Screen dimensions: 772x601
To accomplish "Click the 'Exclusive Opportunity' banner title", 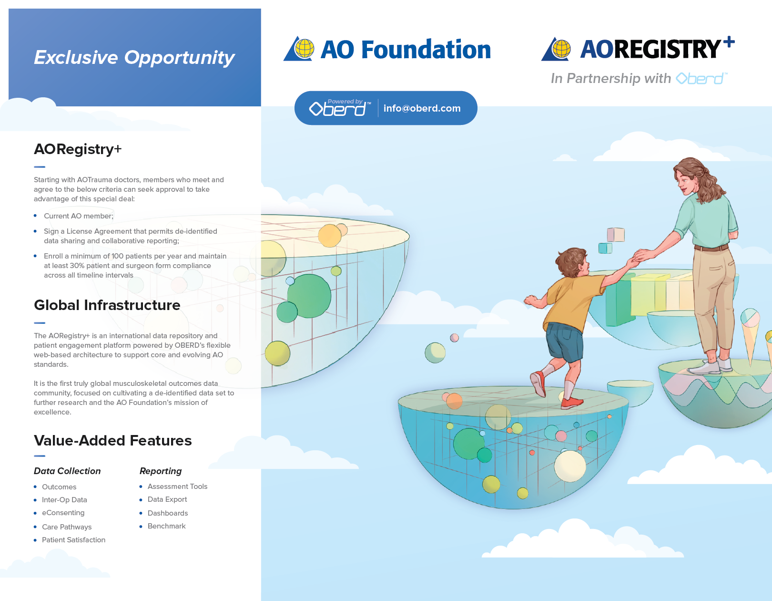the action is (x=134, y=57).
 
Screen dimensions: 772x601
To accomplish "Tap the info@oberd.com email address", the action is (x=422, y=108).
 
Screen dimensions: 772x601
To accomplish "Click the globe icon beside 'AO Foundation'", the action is (x=305, y=49).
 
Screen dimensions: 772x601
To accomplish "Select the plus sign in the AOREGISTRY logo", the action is (x=729, y=41).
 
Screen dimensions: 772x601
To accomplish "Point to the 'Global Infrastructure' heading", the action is (x=107, y=305).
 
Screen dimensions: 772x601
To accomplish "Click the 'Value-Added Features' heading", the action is (x=112, y=440).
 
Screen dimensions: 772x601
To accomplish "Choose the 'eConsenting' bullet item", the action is (x=63, y=512).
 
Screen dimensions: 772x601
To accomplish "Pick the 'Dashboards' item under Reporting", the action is (x=168, y=513).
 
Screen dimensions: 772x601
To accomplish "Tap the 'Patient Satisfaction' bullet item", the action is (x=73, y=539).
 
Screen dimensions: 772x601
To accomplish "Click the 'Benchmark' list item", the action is (x=167, y=526).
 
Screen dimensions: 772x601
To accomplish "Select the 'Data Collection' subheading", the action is (x=67, y=471).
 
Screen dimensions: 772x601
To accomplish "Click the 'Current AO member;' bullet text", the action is (x=79, y=216).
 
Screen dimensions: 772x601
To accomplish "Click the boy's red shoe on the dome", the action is (x=572, y=403).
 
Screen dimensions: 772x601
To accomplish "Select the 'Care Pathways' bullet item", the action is (x=67, y=527).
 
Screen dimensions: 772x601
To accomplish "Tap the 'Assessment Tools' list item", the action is (x=177, y=486).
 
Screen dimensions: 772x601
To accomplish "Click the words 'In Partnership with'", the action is (x=611, y=78).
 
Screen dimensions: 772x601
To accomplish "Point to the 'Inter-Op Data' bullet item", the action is (x=64, y=500).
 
